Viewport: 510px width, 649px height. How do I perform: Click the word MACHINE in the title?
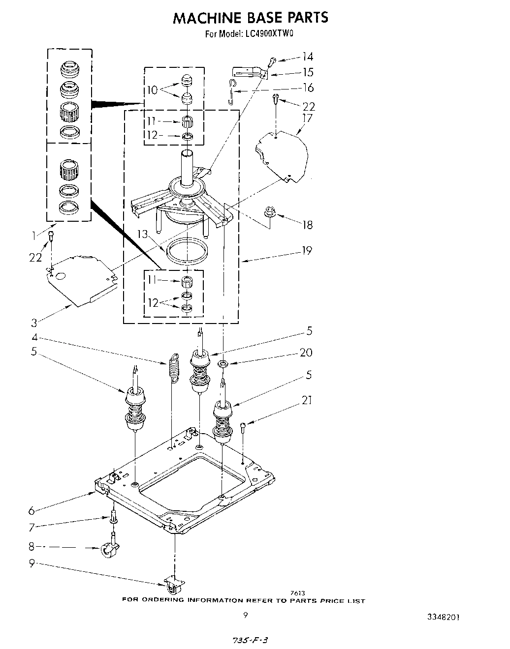pos(201,18)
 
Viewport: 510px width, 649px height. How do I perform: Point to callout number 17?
pos(307,118)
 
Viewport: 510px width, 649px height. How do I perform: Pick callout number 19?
pos(307,251)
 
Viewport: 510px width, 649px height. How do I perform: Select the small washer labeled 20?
pos(223,364)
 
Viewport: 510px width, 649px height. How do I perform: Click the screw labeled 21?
pos(243,426)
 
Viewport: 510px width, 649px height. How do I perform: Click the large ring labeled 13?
pos(186,250)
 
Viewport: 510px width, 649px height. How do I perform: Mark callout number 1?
pos(33,236)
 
